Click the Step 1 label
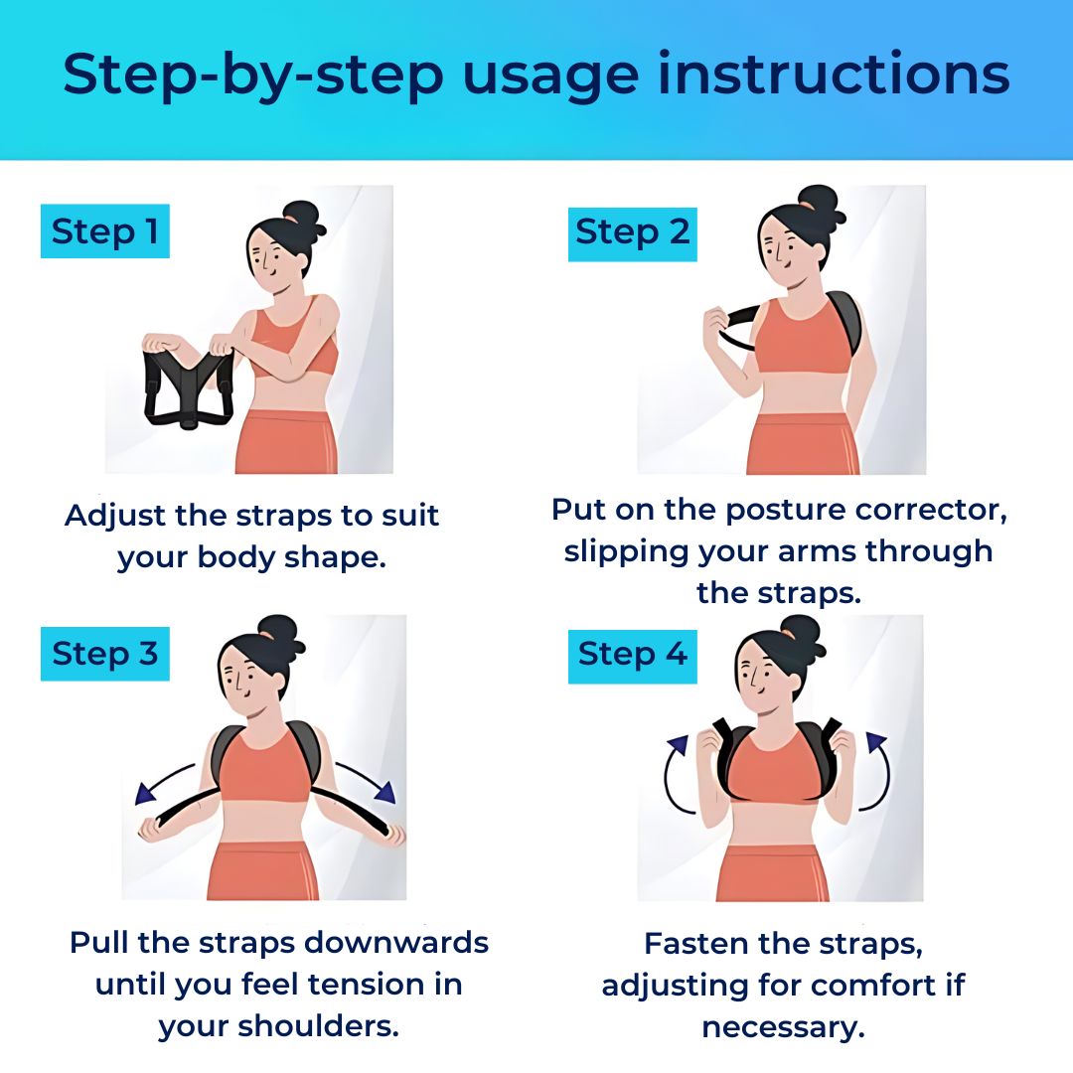(104, 231)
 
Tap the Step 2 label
(632, 231)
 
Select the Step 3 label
(104, 654)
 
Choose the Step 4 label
(632, 654)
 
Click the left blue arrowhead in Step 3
(146, 792)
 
